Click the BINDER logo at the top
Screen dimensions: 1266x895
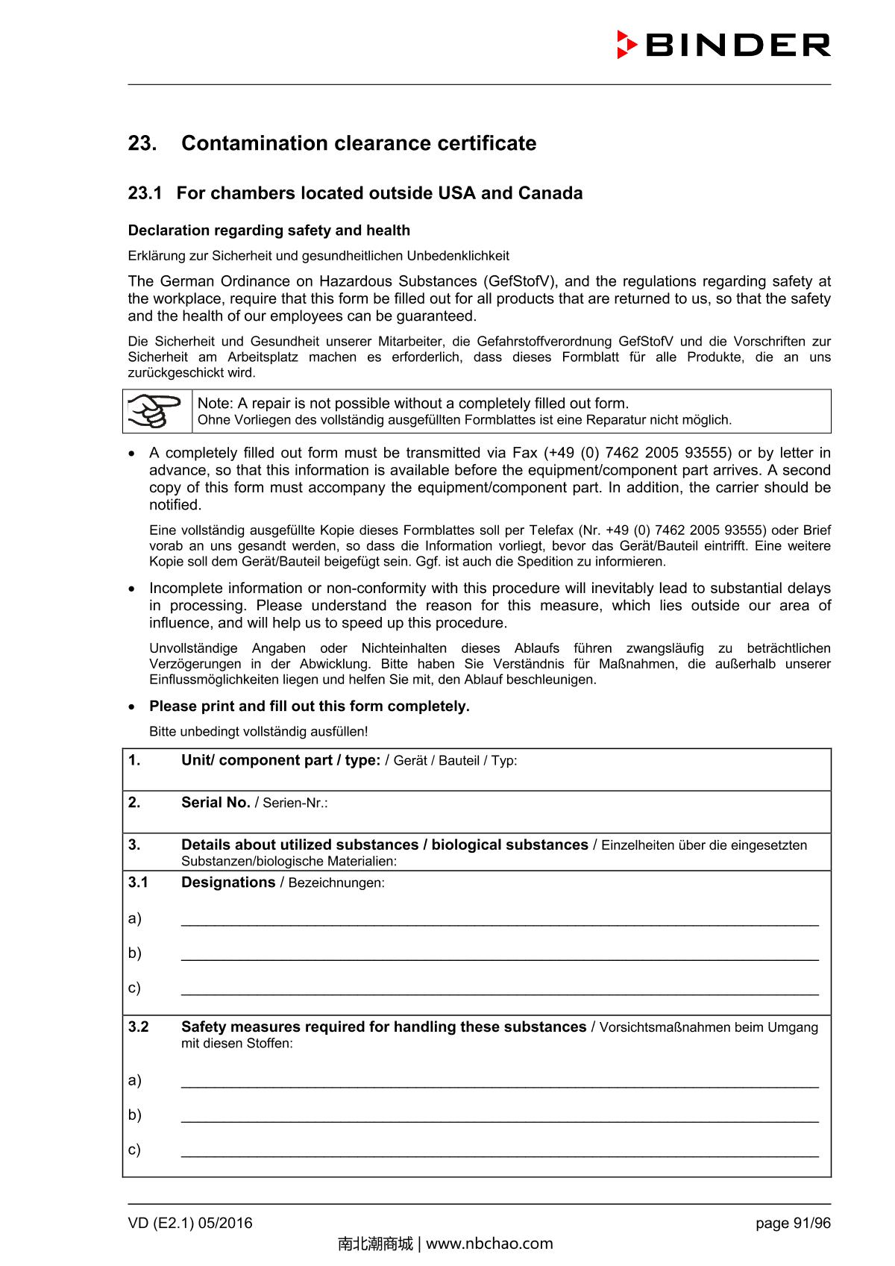pyautogui.click(x=723, y=45)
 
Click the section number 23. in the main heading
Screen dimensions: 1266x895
pyautogui.click(x=142, y=143)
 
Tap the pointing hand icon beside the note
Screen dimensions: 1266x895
pyautogui.click(x=157, y=411)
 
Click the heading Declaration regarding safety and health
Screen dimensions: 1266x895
pyautogui.click(x=269, y=231)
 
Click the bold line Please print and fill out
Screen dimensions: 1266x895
pyautogui.click(x=310, y=706)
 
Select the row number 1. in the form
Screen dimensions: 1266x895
pyautogui.click(x=134, y=760)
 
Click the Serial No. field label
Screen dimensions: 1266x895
pyautogui.click(x=216, y=803)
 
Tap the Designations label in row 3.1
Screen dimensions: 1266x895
pyautogui.click(x=228, y=883)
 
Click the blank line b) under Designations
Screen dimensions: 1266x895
pyautogui.click(x=500, y=954)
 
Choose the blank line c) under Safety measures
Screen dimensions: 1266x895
pyautogui.click(x=500, y=1150)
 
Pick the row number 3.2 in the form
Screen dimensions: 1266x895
pyautogui.click(x=138, y=1027)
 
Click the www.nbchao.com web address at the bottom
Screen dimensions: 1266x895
pyautogui.click(x=489, y=1244)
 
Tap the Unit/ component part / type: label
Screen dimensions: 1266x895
pyautogui.click(x=280, y=760)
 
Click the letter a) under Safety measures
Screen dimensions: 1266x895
pyautogui.click(x=134, y=1080)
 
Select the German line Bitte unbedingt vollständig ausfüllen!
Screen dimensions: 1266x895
pyautogui.click(x=258, y=732)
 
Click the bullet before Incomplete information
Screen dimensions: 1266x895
pyautogui.click(x=133, y=589)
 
